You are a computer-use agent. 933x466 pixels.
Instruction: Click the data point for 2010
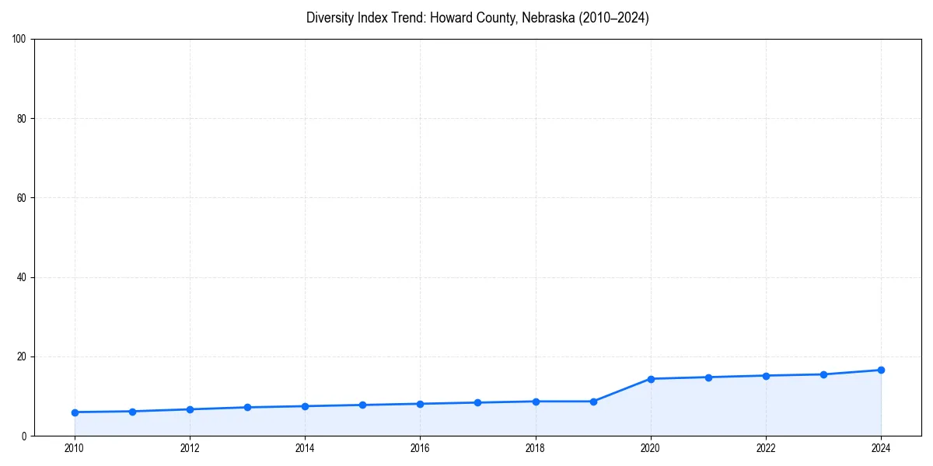tap(75, 412)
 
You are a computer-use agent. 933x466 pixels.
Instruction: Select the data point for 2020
tap(651, 379)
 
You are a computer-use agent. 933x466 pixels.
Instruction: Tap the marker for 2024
tap(881, 370)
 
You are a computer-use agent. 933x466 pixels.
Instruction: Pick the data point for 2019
tap(593, 402)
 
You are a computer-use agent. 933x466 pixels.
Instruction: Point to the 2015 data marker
tap(362, 405)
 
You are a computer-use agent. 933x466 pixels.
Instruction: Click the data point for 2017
tap(477, 402)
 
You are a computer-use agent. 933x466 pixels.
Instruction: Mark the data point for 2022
tap(766, 376)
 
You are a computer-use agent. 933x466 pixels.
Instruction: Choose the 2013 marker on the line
tap(247, 407)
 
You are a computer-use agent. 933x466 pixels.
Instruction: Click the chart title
tap(477, 18)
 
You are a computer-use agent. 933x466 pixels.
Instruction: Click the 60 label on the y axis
tap(22, 198)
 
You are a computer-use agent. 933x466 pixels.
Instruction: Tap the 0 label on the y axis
tap(24, 436)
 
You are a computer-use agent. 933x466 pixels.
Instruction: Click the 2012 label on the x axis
tap(190, 448)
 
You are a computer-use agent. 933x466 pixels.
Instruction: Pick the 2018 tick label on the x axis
tap(536, 448)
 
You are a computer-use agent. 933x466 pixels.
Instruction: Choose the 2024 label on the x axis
tap(881, 448)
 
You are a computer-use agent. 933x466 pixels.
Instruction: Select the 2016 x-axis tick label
tap(420, 448)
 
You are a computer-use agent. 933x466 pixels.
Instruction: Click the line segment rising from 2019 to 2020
tap(622, 390)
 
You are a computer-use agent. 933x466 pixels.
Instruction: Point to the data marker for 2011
tap(132, 412)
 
